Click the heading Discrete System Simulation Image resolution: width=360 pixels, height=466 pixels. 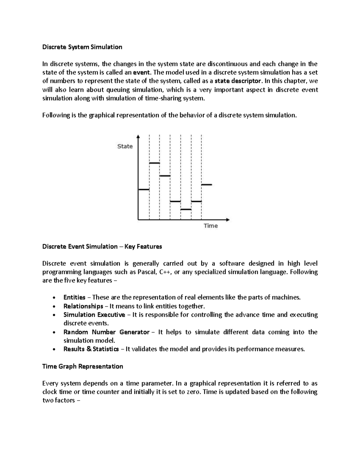[82, 47]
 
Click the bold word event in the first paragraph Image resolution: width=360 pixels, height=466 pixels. [141, 72]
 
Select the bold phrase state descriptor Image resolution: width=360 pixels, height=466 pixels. [238, 81]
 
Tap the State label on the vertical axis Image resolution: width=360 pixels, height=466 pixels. [125, 146]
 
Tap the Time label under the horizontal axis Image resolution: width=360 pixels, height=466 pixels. [211, 226]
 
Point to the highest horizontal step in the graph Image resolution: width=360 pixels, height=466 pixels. [154, 163]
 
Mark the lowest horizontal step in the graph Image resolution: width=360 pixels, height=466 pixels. [186, 209]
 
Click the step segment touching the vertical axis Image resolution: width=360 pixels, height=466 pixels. [144, 190]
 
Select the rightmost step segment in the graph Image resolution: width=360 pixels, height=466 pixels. [207, 185]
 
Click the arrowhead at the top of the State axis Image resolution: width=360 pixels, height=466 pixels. [138, 137]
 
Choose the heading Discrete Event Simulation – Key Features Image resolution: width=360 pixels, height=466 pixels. [102, 247]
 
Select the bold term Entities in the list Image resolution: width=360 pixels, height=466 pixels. [74, 297]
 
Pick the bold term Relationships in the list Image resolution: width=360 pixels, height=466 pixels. [83, 306]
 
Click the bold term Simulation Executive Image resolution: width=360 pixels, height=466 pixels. [94, 315]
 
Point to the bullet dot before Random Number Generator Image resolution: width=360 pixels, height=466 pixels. [54, 332]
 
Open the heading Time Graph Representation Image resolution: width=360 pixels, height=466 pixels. [83, 366]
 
